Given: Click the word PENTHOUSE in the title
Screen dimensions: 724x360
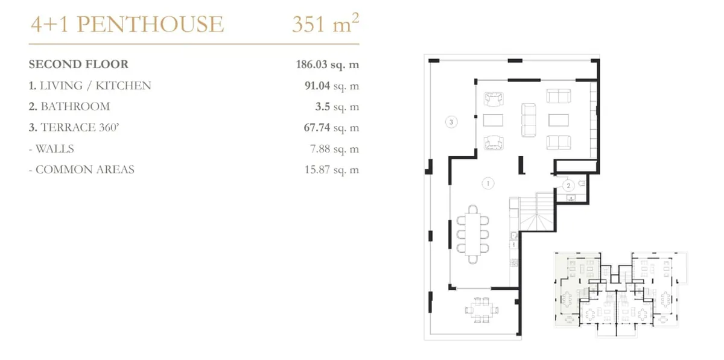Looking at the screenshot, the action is click(x=150, y=24).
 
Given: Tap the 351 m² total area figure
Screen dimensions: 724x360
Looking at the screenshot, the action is click(x=325, y=24).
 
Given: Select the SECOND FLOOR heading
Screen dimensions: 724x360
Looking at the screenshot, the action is click(x=78, y=65).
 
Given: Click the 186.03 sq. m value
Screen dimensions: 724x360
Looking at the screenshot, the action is click(x=328, y=65).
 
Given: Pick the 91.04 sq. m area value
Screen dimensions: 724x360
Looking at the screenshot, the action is click(x=332, y=86).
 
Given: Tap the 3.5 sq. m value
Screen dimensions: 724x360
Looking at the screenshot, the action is click(x=337, y=107).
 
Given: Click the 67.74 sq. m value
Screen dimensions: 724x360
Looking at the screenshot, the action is click(x=331, y=128).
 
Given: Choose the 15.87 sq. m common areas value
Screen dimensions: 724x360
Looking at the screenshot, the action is click(x=332, y=169).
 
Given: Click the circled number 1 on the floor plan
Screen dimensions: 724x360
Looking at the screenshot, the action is click(x=487, y=183).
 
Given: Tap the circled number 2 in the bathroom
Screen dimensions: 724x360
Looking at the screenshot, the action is click(x=568, y=186).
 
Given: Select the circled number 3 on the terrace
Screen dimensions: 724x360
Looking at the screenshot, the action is click(x=451, y=122).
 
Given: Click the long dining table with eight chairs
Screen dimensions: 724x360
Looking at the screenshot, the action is click(x=472, y=235).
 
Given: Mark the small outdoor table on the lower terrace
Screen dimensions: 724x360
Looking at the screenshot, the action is click(x=481, y=310).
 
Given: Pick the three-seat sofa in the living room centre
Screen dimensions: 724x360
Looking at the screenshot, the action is click(x=529, y=120).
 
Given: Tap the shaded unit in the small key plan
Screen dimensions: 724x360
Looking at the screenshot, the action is click(x=569, y=288).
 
